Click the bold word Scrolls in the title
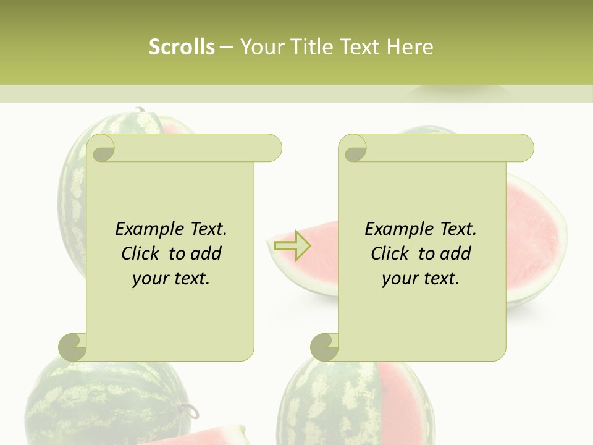182,47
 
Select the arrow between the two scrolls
292,245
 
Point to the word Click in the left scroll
139,253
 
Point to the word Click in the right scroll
389,253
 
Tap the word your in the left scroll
149,279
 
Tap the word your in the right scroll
398,279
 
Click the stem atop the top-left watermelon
141,111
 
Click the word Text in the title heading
360,47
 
